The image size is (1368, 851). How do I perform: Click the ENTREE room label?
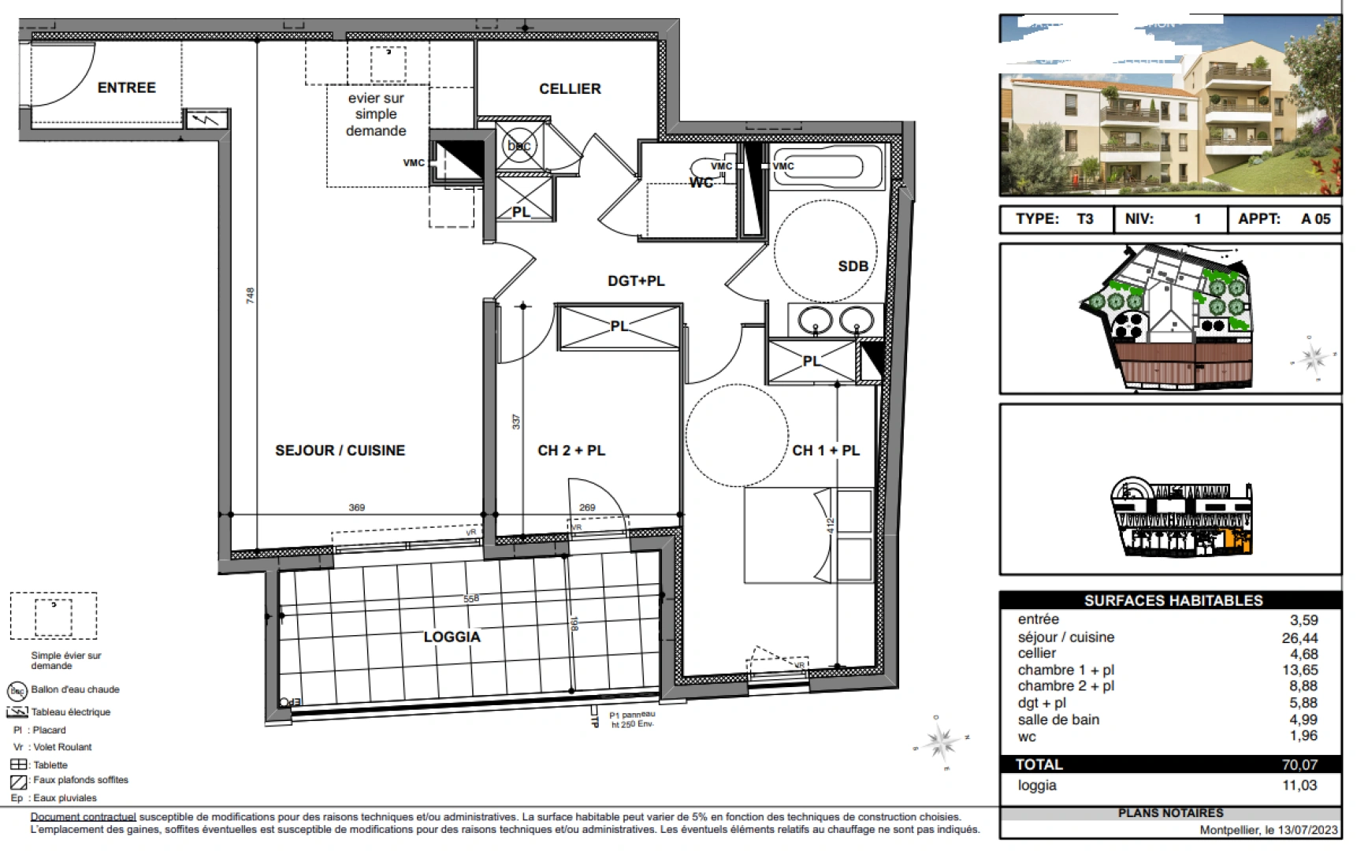126,87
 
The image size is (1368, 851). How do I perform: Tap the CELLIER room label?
570,89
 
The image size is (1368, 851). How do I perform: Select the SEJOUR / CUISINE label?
340,451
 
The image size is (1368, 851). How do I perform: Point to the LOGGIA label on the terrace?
452,637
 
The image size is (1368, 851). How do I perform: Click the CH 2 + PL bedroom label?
571,451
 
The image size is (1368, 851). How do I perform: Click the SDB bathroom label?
853,266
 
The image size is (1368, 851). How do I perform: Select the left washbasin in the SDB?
815,321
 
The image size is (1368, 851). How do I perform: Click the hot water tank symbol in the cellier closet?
519,145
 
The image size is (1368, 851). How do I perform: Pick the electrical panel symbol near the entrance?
207,120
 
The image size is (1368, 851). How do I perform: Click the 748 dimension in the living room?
251,295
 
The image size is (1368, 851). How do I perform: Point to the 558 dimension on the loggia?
470,599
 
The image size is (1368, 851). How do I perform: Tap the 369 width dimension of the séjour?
357,507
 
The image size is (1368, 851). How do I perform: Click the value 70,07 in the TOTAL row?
1299,764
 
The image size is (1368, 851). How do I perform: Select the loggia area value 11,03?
1299,785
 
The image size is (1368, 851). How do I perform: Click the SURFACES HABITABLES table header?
1173,600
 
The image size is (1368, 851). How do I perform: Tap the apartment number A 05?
1315,219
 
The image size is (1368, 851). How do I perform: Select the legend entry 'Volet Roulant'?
62,747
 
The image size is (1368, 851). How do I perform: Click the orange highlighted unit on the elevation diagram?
1240,542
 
